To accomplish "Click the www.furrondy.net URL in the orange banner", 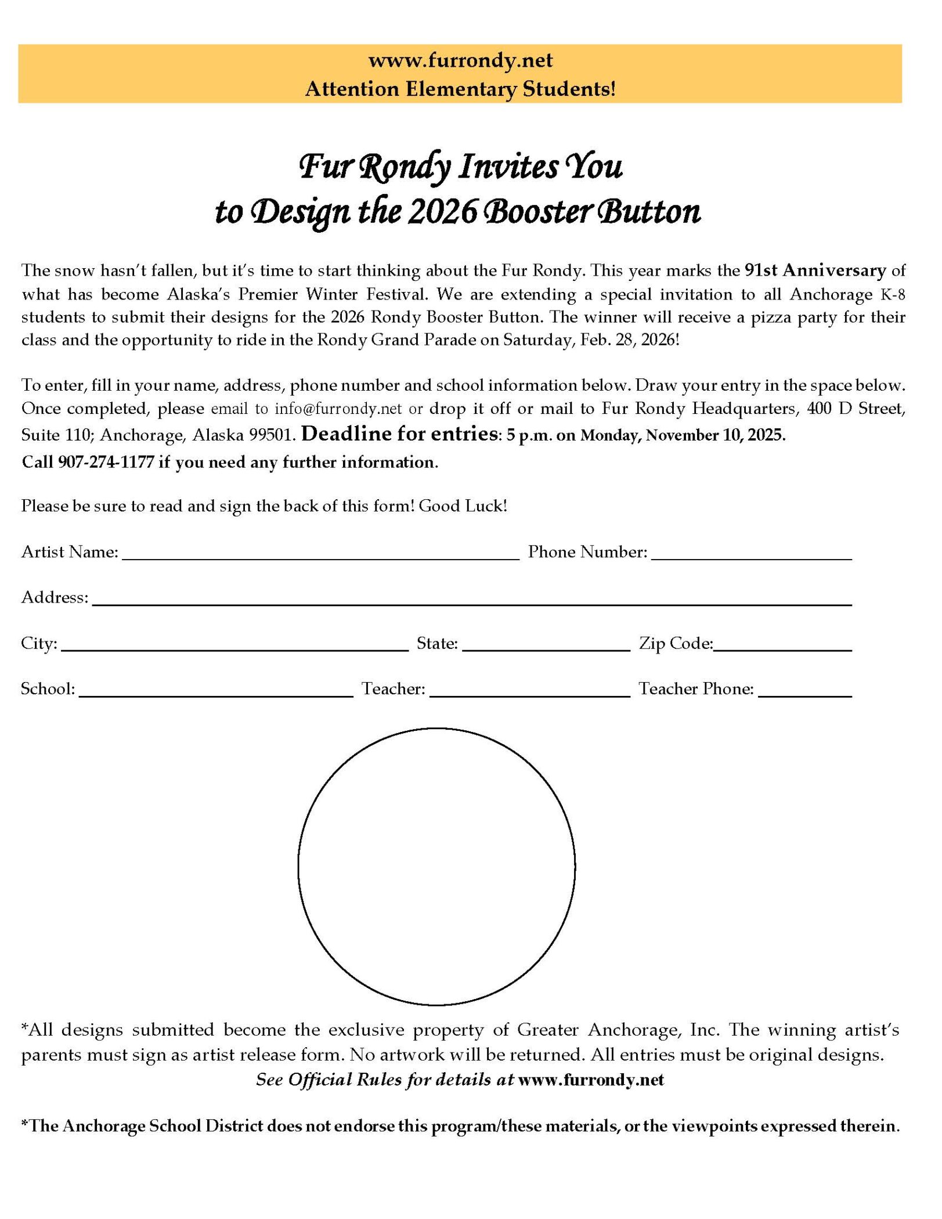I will tap(460, 60).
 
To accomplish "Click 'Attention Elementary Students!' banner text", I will tap(460, 89).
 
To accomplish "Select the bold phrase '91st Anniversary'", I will tap(815, 270).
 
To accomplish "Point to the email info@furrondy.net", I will tap(338, 409).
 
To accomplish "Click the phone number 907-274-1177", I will tap(106, 462).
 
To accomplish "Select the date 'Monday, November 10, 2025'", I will tap(683, 435).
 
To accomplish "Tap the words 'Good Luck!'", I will tap(463, 506).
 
